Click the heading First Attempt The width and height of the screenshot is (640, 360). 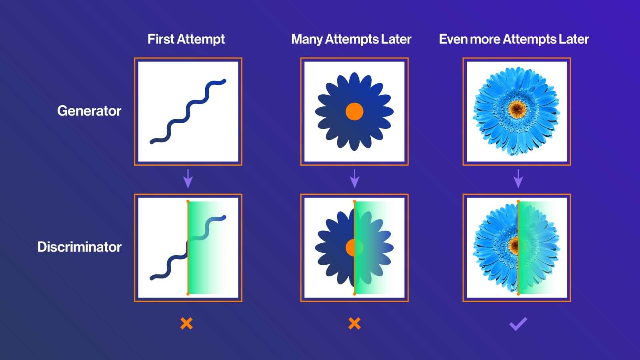pos(186,39)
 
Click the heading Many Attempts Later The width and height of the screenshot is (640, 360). pos(351,39)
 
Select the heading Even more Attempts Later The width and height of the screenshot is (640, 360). pos(514,39)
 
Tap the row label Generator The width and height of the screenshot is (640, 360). pos(89,111)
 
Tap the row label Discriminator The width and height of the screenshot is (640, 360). pos(79,247)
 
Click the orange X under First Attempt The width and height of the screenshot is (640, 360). pos(186,323)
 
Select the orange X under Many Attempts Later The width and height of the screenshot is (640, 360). pos(354,323)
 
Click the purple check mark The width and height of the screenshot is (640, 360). pos(518,323)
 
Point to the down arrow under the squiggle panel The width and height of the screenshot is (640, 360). pos(188,178)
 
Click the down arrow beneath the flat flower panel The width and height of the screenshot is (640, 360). pos(354,178)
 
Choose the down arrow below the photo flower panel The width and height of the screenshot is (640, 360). pos(518,178)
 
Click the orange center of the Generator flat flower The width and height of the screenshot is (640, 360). pos(354,111)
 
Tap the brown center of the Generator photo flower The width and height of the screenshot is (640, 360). pos(518,108)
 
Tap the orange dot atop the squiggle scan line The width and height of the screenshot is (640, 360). pos(188,201)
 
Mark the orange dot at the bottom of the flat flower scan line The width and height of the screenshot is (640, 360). pos(354,294)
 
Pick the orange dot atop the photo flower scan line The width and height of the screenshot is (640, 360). pos(518,201)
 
